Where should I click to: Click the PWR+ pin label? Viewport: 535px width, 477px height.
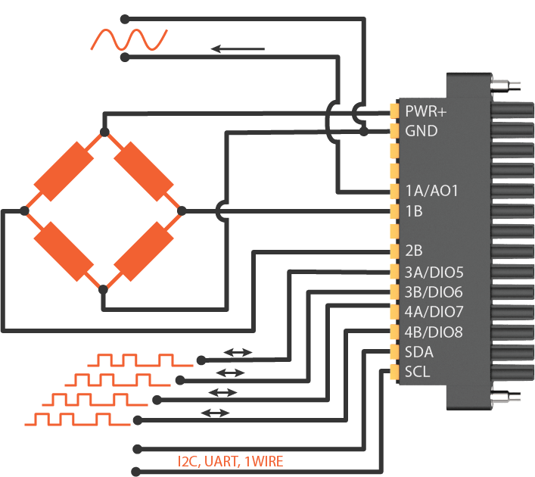426,111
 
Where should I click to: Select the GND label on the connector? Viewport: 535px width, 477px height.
421,131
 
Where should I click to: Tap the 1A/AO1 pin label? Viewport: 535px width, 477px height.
432,192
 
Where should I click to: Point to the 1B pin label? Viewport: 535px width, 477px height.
414,211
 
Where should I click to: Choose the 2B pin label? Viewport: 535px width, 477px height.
414,251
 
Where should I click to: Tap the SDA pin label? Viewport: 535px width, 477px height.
420,352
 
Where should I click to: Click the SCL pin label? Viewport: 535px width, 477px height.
418,372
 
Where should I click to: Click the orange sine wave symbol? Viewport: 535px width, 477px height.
129,39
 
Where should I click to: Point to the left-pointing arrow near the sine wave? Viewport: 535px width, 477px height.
238,49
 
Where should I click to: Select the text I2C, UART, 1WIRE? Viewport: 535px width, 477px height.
231,460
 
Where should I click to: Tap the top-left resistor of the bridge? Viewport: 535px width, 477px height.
64,171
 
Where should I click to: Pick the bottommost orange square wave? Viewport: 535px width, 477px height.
84,419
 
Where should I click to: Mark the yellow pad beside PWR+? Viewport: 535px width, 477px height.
394,111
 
